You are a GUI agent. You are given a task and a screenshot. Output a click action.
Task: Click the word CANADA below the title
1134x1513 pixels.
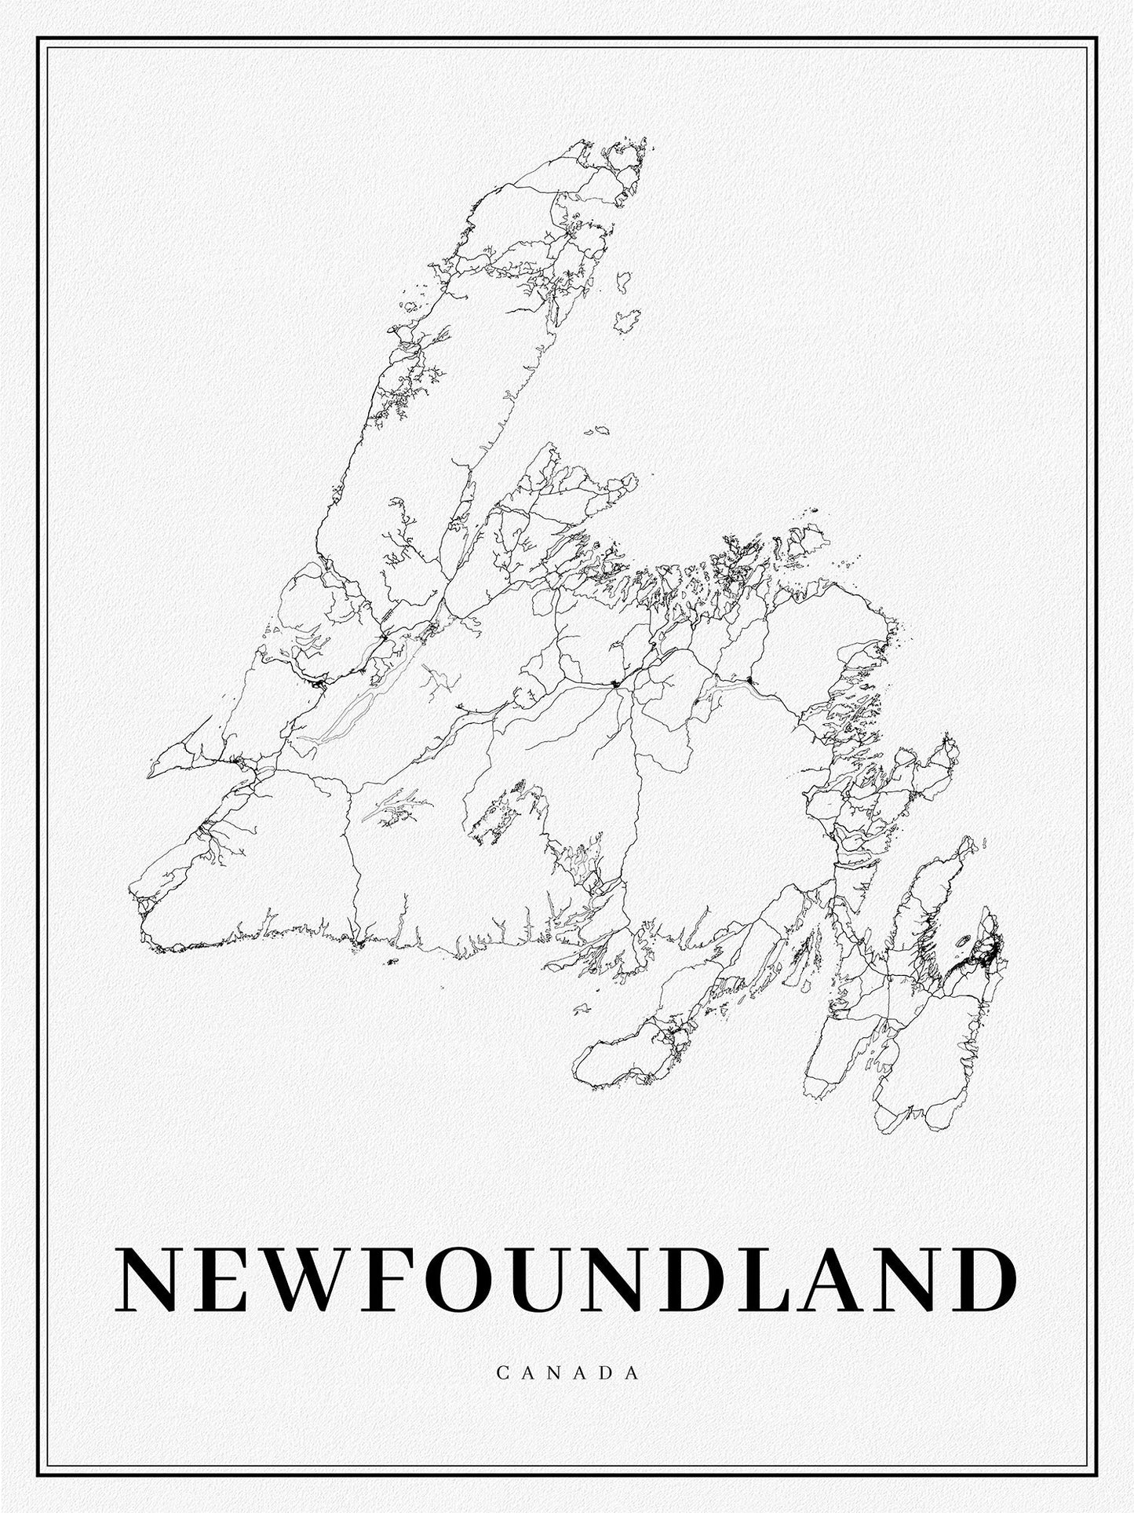(x=567, y=1394)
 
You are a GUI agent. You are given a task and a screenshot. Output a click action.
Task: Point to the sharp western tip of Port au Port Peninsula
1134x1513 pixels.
(x=150, y=775)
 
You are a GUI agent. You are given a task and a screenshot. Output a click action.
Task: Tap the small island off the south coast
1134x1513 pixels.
(x=392, y=961)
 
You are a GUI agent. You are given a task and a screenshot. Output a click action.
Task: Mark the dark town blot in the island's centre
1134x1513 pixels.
(x=615, y=685)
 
